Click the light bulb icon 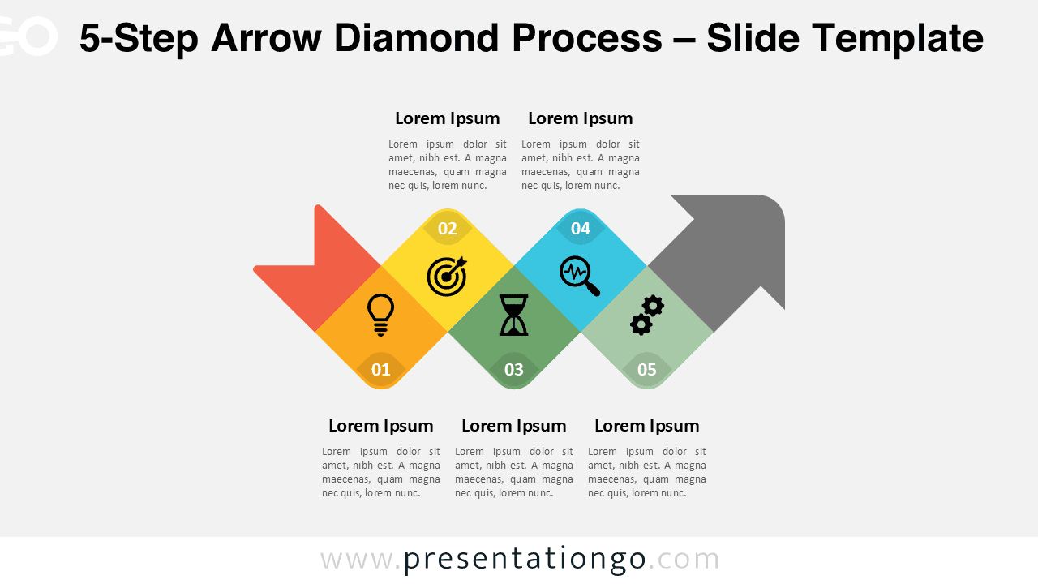381,314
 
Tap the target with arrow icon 447,276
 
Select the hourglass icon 513,315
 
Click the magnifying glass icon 580,276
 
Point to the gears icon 647,315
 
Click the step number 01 381,370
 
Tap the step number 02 448,229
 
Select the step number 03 514,370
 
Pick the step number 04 581,229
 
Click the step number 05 647,370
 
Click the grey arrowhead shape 730,251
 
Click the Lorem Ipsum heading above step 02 448,118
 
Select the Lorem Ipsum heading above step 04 581,118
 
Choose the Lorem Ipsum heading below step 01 381,426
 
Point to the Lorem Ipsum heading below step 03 514,426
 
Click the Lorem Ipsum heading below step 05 647,426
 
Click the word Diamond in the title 417,38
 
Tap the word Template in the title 898,38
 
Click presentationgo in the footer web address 525,560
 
